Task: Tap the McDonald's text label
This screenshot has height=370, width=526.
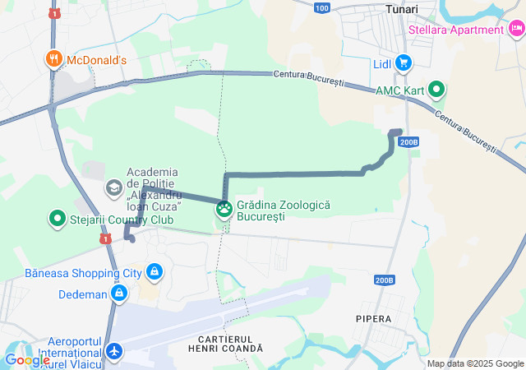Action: (96, 60)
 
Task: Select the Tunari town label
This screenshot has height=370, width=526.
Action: (402, 9)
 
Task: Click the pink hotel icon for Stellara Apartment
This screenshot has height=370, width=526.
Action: (516, 30)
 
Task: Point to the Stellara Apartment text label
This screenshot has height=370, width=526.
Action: (456, 30)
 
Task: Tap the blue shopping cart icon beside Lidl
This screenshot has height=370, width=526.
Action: (403, 62)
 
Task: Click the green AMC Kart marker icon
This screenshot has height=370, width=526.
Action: (436, 90)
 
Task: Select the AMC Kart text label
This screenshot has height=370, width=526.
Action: (399, 90)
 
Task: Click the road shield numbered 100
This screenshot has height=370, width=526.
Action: (322, 8)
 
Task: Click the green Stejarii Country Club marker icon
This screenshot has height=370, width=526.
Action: (58, 220)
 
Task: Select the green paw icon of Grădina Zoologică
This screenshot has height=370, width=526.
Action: (224, 210)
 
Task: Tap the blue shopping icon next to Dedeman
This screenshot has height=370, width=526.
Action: (120, 293)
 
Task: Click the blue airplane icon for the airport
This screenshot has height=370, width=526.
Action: (113, 352)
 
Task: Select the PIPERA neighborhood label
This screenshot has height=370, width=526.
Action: (374, 317)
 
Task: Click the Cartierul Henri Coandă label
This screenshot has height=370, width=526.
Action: (230, 344)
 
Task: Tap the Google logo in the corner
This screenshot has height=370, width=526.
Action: (27, 360)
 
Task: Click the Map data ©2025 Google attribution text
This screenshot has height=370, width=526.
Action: (475, 363)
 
